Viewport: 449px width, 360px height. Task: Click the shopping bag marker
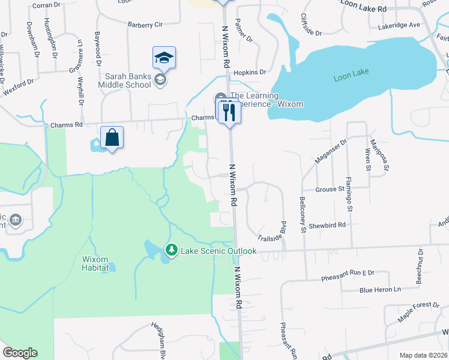pyautogui.click(x=112, y=138)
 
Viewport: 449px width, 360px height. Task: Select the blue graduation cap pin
pyautogui.click(x=164, y=58)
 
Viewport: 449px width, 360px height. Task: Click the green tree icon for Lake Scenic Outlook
pyautogui.click(x=172, y=250)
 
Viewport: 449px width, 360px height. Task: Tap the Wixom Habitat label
pyautogui.click(x=95, y=264)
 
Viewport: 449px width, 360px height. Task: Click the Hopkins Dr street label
pyautogui.click(x=250, y=72)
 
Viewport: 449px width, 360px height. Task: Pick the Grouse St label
pyautogui.click(x=330, y=188)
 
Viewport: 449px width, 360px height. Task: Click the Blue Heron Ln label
pyautogui.click(x=379, y=289)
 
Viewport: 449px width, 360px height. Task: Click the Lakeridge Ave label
pyautogui.click(x=399, y=26)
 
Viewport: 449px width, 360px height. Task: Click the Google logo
pyautogui.click(x=20, y=353)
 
